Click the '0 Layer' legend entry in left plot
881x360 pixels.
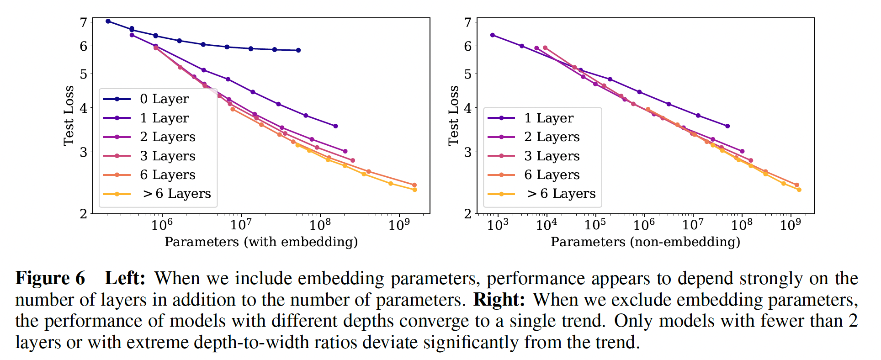pos(164,99)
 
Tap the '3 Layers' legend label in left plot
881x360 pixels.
pos(168,156)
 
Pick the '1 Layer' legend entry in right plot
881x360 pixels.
pos(548,118)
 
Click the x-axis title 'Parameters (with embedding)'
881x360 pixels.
pos(261,242)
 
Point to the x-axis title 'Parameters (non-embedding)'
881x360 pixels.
pos(645,242)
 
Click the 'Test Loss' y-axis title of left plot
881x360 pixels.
pos(69,116)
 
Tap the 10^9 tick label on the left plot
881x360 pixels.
pos(399,224)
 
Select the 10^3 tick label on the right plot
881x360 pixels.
pos(497,224)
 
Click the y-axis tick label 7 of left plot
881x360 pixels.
pos(84,22)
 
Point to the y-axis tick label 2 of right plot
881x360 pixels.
pos(467,214)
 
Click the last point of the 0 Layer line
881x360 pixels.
pos(298,50)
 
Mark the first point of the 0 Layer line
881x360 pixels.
pos(108,21)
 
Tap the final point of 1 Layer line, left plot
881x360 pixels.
pos(336,126)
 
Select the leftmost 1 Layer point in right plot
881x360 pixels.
pos(493,35)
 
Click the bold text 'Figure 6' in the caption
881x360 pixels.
pos(50,278)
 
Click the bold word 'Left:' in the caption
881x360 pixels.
pos(125,278)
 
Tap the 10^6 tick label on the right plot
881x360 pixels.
pos(644,224)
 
